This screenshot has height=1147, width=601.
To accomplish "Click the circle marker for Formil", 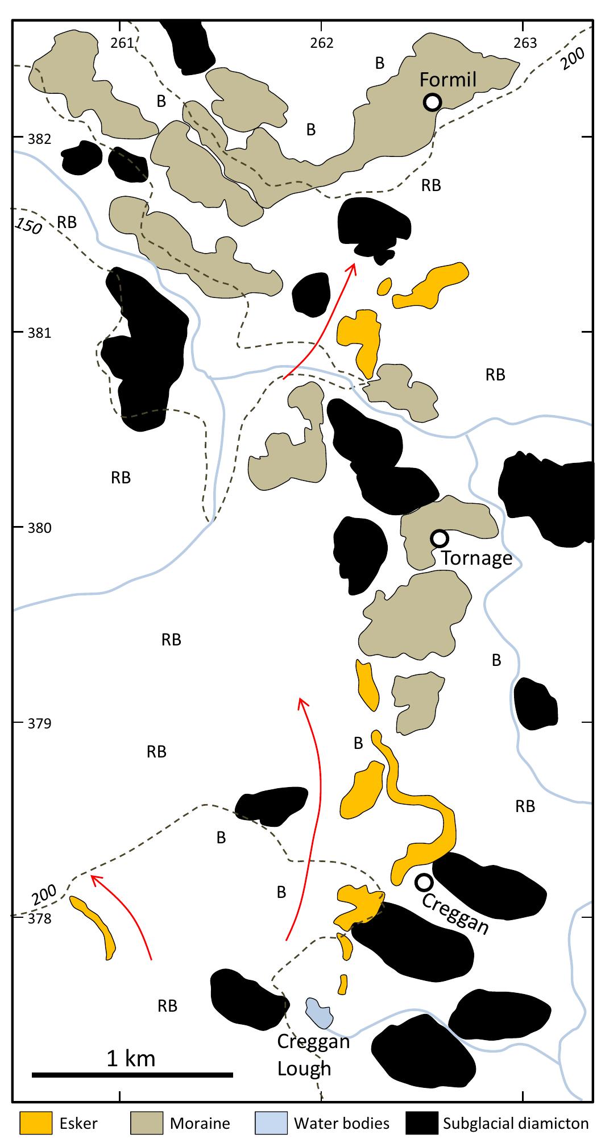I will point(432,102).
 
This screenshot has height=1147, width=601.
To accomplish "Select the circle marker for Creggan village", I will point(424,882).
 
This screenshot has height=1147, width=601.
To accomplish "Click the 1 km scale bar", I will point(132,1074).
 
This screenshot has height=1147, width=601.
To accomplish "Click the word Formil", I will point(447,80).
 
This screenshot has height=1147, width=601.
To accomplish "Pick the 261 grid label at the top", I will point(121,43).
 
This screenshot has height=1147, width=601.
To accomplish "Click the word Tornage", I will point(477,558).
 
